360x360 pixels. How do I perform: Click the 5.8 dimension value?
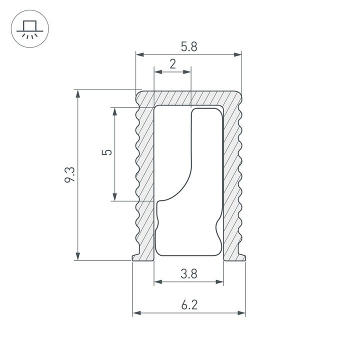(189, 46)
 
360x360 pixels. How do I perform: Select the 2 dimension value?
(172, 64)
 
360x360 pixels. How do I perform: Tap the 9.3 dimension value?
(69, 175)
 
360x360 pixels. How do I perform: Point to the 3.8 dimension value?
(189, 273)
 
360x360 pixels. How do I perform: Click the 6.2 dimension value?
(189, 304)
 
